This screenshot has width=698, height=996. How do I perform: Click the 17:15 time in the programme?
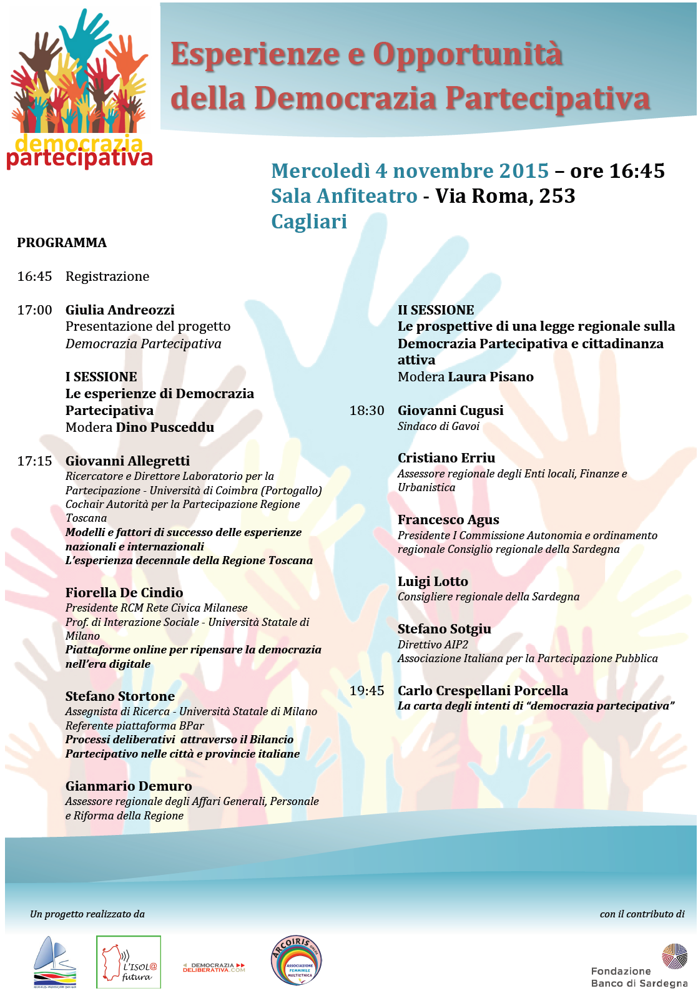coord(34,461)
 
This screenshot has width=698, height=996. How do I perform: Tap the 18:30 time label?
coord(366,411)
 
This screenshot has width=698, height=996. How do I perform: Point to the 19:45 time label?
coord(366,691)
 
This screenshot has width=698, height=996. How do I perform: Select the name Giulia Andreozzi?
coord(120,310)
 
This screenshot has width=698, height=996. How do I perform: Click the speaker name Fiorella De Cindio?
coord(124,593)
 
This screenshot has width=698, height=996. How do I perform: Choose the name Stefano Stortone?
coord(120,696)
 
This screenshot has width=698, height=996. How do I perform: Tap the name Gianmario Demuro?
coord(129,786)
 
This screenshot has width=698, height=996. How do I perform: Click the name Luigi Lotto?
coord(433,582)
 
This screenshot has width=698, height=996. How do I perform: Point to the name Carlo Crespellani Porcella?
coord(483,691)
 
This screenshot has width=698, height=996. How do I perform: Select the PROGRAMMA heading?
coord(62,243)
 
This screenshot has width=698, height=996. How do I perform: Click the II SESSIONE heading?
coord(436,310)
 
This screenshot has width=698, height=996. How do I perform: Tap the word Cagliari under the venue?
coord(309,222)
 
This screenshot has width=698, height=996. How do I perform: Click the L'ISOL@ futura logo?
coord(129,962)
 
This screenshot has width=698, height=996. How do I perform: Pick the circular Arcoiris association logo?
coord(297,960)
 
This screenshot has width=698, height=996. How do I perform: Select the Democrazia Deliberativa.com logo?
coord(214,967)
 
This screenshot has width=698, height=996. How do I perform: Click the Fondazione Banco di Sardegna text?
coord(638,977)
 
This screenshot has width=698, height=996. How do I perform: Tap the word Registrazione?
coord(107,276)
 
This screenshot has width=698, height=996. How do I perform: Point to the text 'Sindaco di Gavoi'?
coord(438,426)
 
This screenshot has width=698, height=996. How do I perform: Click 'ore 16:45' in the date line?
coord(617,171)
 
